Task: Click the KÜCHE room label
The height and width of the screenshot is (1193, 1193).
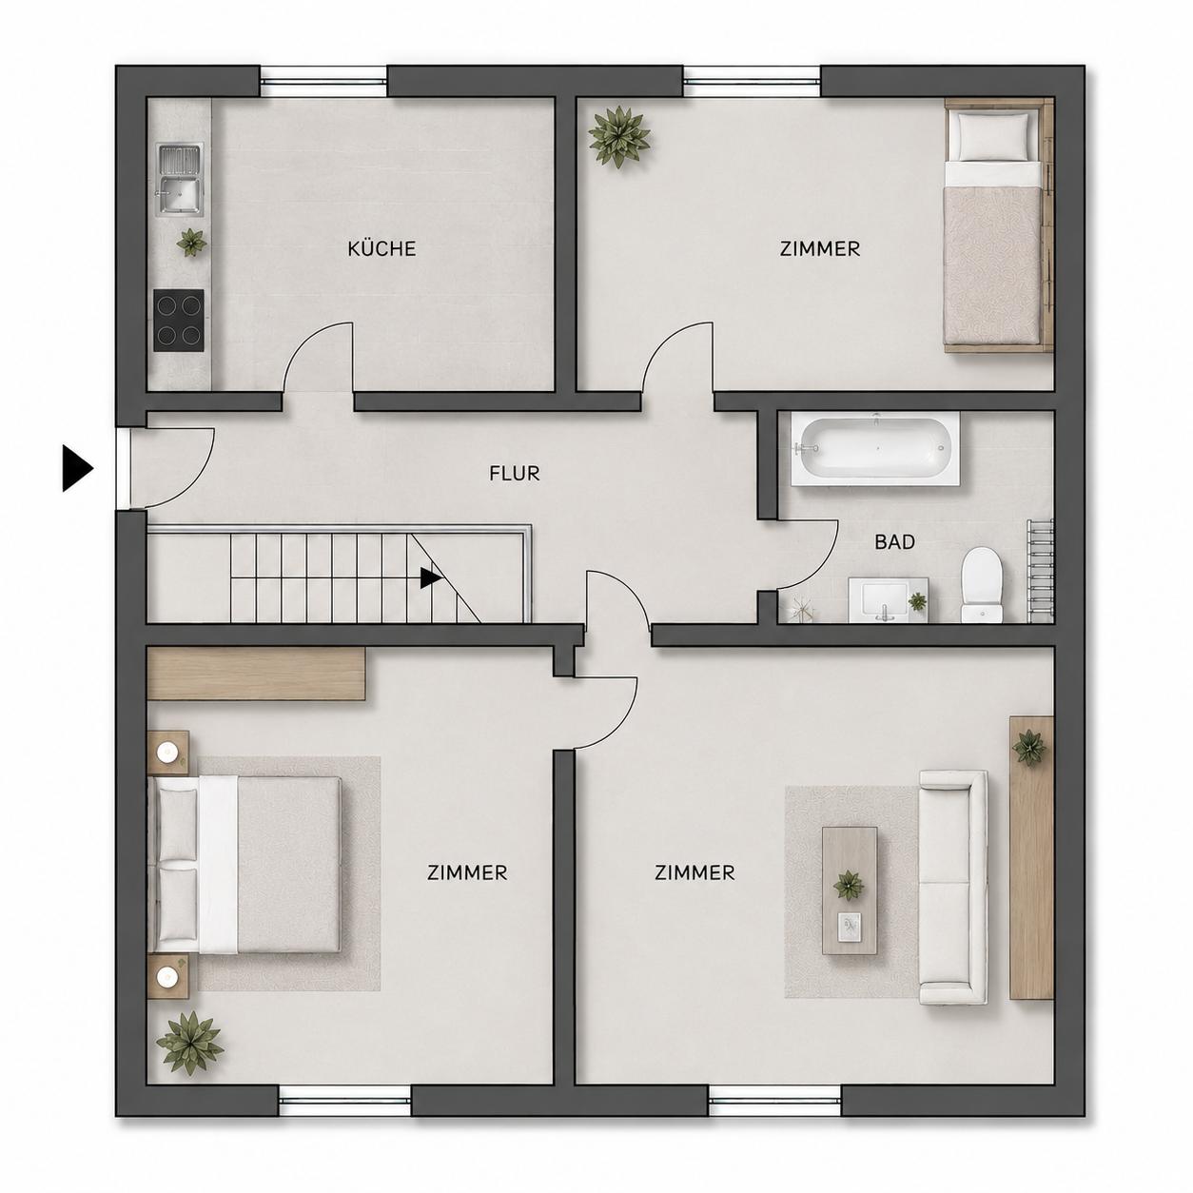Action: pos(381,249)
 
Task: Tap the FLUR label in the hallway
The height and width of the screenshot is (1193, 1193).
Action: pos(515,474)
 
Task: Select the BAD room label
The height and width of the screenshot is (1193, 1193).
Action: pos(894,541)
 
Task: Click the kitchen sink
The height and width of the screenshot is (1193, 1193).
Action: pos(180,180)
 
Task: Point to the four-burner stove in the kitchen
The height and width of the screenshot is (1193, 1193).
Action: pos(179,320)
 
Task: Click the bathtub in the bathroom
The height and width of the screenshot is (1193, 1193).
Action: pos(875,448)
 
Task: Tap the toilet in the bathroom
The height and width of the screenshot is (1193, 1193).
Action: pos(982,584)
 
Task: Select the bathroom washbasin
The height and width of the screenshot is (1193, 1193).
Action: pos(888,599)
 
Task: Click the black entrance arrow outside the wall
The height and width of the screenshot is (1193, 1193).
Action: pos(78,469)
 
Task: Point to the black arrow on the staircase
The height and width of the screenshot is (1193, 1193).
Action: pos(431,578)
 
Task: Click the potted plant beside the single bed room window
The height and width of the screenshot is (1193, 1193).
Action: pos(619,137)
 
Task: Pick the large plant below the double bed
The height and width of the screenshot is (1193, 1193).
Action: pos(189,1043)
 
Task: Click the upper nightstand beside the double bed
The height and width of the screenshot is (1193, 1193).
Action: pos(168,753)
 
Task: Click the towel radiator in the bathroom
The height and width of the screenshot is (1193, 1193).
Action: pos(1040,570)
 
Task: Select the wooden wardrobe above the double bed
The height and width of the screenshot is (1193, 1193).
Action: pos(256,674)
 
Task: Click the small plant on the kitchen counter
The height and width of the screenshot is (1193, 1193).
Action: pos(191,242)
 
